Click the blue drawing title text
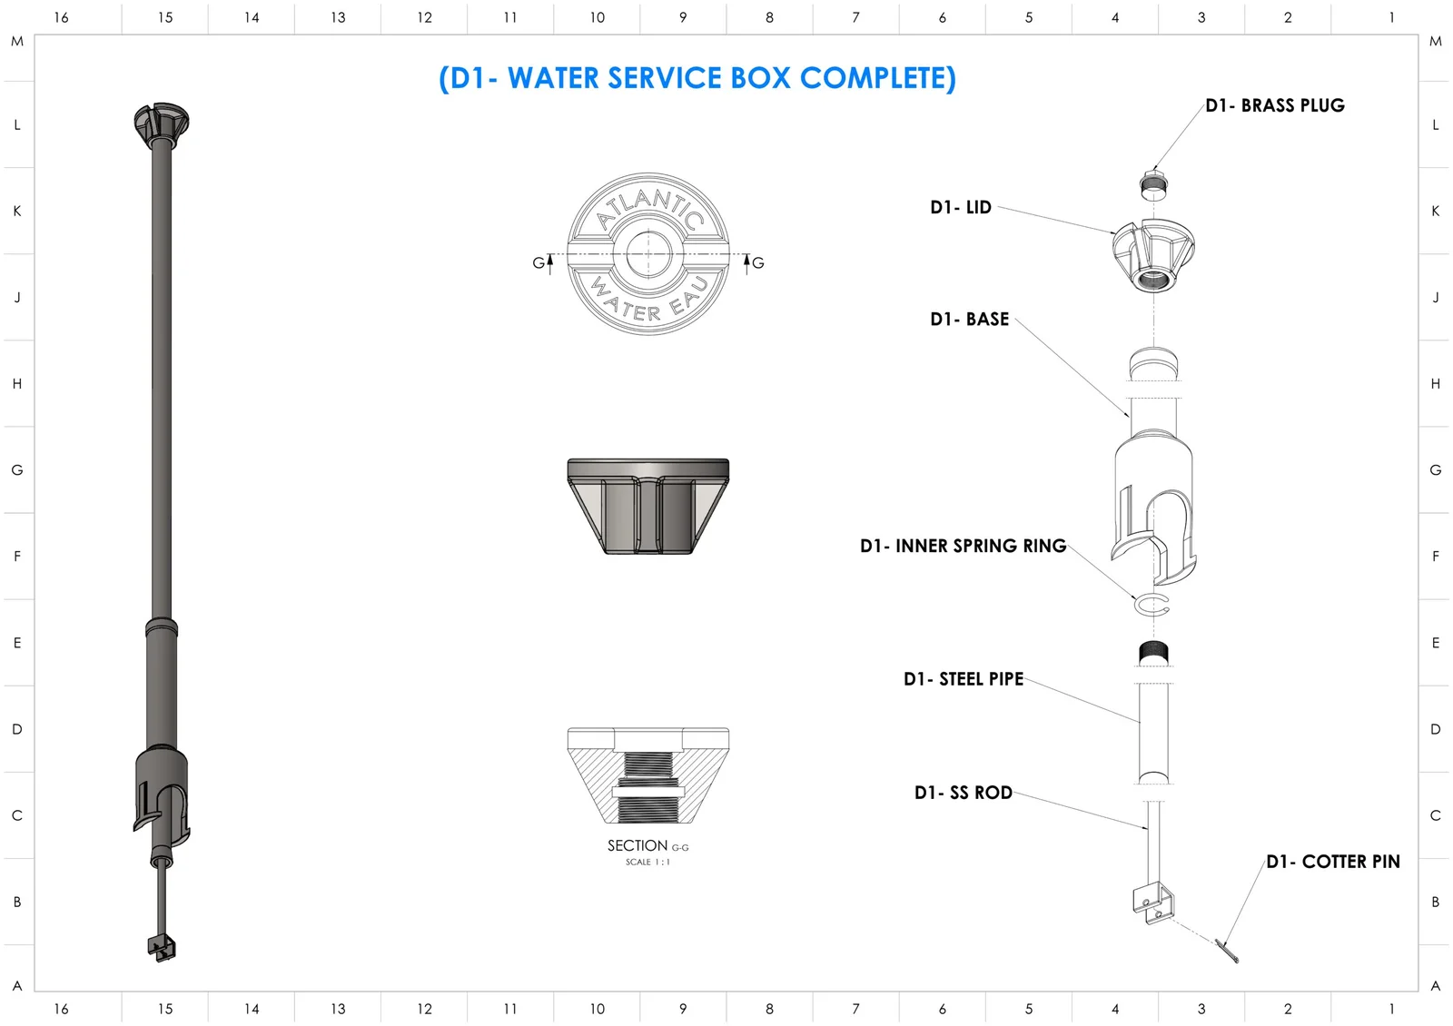click(697, 78)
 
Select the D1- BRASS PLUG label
click(1274, 105)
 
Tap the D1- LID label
click(960, 207)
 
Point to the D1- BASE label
click(969, 319)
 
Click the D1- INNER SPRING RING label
click(963, 546)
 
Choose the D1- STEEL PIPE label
click(963, 679)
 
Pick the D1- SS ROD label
click(963, 793)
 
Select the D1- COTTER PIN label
click(1332, 862)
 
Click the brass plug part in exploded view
click(1153, 184)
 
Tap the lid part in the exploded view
click(1153, 254)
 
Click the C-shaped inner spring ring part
click(1152, 605)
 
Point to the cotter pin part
click(1228, 952)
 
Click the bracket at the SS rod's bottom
click(1152, 903)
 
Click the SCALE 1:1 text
click(647, 863)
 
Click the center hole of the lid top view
click(647, 254)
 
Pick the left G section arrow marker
click(543, 262)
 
